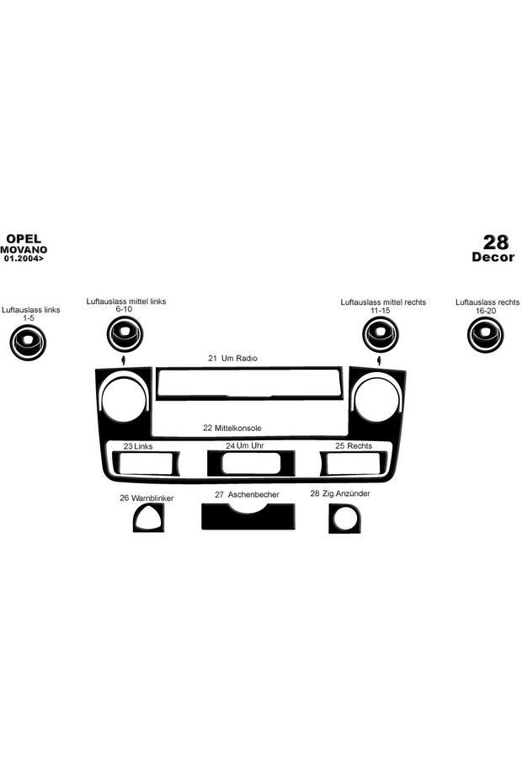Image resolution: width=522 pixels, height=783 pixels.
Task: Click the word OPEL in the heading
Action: [24, 239]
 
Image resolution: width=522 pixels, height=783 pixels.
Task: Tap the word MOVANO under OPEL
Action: [24, 250]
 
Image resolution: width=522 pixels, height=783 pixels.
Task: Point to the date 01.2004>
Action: [24, 258]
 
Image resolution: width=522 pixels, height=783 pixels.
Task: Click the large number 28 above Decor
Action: [496, 242]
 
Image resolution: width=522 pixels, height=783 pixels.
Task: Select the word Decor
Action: [493, 257]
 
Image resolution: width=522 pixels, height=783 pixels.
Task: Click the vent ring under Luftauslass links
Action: [28, 343]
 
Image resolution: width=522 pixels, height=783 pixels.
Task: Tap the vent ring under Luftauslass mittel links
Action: [125, 333]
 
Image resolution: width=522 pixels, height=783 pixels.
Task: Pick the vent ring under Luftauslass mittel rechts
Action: [381, 334]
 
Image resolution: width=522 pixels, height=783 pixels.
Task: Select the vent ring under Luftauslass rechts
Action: [486, 334]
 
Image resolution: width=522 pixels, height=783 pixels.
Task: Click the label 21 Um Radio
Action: [232, 359]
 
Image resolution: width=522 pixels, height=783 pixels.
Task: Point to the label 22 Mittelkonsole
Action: [232, 428]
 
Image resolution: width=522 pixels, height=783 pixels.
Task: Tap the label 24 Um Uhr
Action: [245, 445]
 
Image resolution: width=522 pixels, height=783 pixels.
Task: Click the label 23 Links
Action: [138, 446]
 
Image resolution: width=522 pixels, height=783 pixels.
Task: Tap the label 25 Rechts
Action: [354, 445]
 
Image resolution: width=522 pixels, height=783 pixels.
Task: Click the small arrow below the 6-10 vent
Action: [123, 360]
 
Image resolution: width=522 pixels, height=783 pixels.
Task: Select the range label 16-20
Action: [486, 311]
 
